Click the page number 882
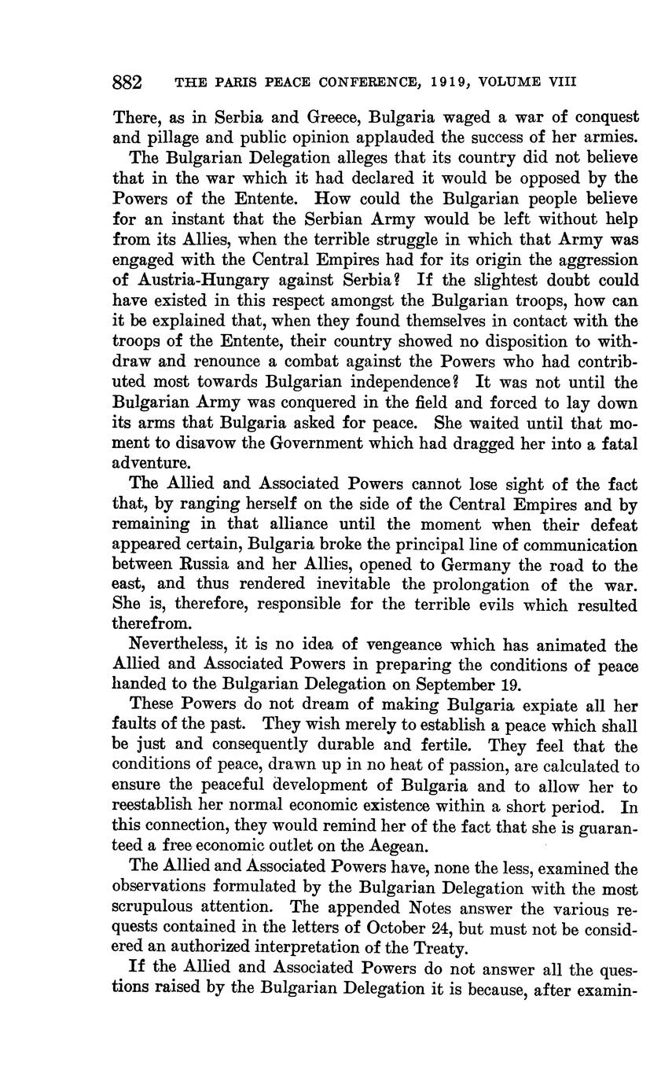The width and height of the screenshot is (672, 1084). pos(127,82)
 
